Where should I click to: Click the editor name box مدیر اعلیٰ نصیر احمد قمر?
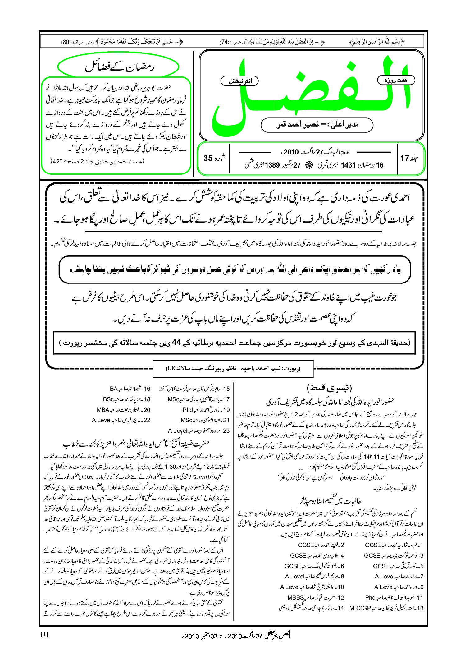(x=317, y=125)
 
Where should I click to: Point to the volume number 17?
(x=404, y=159)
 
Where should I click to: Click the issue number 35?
(x=208, y=158)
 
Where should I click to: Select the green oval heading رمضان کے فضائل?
(x=118, y=67)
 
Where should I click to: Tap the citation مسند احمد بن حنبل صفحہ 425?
(x=97, y=161)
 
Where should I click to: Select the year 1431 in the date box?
(x=348, y=165)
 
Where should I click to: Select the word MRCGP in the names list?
(x=360, y=608)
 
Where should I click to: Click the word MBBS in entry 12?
(x=295, y=598)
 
